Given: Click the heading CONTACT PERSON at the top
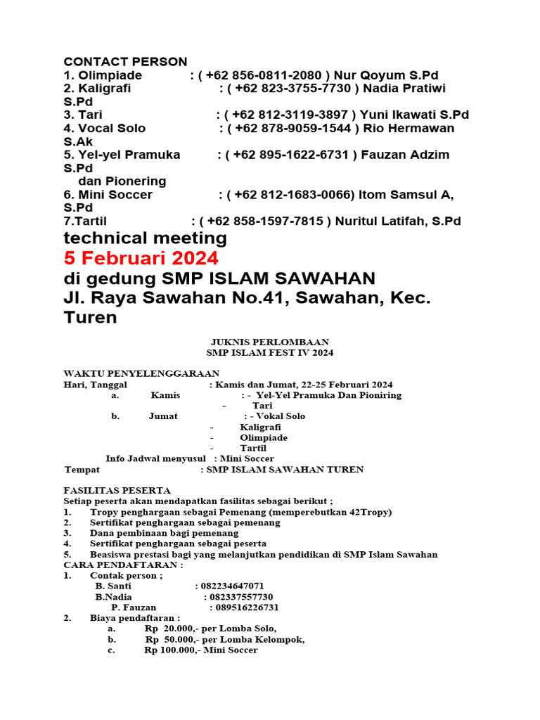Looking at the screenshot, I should pos(125,62).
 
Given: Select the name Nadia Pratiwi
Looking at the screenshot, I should pos(404,88).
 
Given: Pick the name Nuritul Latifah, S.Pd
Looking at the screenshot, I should pos(398,221).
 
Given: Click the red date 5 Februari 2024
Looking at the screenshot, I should pos(141,257).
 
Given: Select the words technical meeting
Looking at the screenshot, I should pos(146,238).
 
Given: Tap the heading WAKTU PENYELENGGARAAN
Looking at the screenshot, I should pos(141,373).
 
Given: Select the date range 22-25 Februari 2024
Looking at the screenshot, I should pos(344,385).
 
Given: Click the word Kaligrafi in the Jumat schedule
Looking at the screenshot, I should pos(260,427).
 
